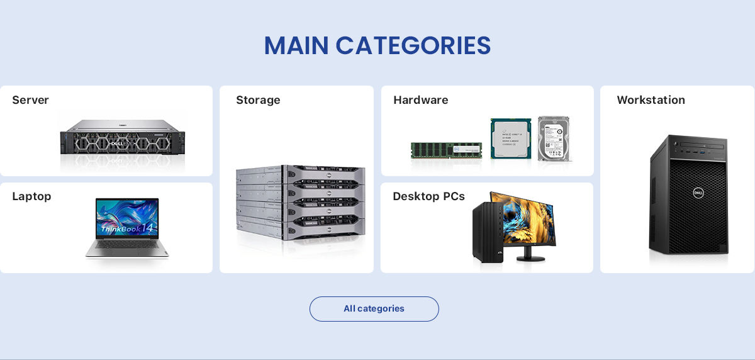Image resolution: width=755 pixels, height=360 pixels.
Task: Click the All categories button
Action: [374, 309]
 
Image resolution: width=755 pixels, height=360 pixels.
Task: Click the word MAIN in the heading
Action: [296, 46]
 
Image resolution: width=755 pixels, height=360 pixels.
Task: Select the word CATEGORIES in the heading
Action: [413, 46]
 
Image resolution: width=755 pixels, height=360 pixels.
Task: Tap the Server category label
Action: [30, 100]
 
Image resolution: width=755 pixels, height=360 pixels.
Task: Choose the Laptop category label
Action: [31, 196]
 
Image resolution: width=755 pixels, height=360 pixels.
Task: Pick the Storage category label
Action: [258, 100]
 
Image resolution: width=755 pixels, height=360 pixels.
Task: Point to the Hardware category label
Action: [420, 100]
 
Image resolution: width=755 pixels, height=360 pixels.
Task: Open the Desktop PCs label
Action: [428, 196]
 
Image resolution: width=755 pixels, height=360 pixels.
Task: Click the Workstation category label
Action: [651, 100]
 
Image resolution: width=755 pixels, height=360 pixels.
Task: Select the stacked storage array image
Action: [300, 201]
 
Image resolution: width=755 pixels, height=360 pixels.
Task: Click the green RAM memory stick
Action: [446, 150]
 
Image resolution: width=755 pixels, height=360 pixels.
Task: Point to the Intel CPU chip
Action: [510, 138]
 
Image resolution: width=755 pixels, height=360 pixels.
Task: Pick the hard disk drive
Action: [554, 138]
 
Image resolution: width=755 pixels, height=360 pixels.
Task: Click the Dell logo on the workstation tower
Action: [698, 193]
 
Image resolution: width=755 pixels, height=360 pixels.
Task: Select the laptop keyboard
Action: [127, 246]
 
